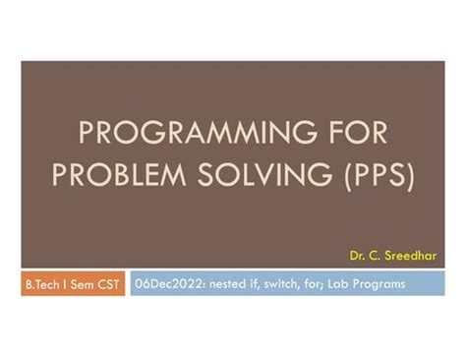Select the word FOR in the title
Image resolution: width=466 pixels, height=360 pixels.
tap(346, 133)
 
